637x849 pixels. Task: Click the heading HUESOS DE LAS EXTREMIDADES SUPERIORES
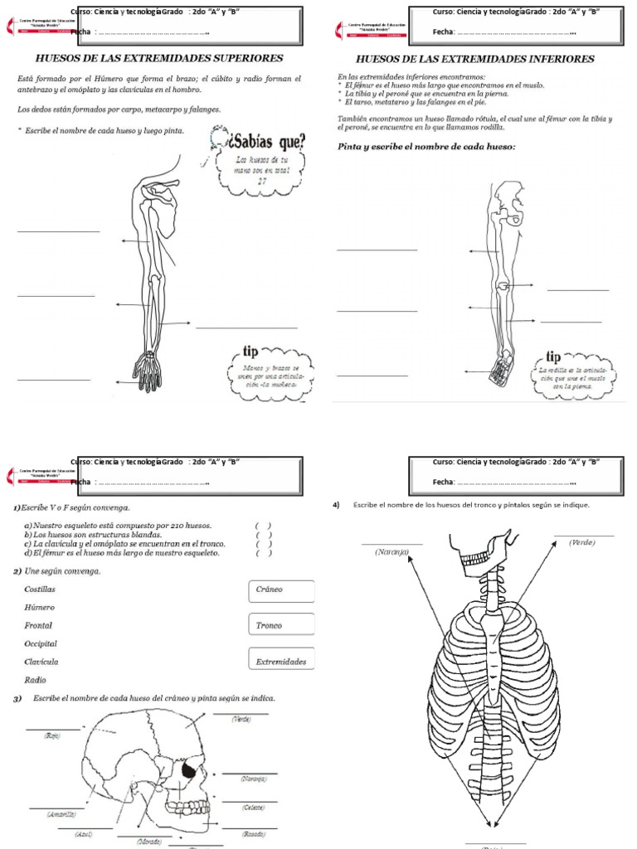click(158, 59)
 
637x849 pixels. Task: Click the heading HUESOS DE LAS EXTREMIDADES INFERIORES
click(474, 60)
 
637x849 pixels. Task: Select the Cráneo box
click(280, 590)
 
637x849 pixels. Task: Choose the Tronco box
click(280, 625)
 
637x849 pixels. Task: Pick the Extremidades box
click(280, 662)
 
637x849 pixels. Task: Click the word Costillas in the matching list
click(41, 589)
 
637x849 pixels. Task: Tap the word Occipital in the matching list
click(41, 643)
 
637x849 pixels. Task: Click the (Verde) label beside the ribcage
click(582, 542)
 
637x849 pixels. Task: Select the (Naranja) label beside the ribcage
click(391, 551)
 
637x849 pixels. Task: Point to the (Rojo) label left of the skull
click(53, 735)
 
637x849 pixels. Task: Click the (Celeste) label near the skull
click(253, 807)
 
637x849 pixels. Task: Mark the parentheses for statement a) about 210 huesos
click(264, 526)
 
